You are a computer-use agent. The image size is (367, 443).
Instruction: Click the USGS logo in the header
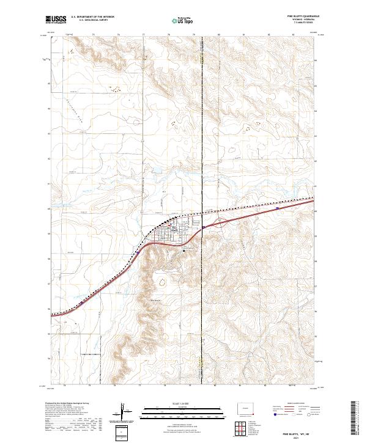(x=56, y=21)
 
